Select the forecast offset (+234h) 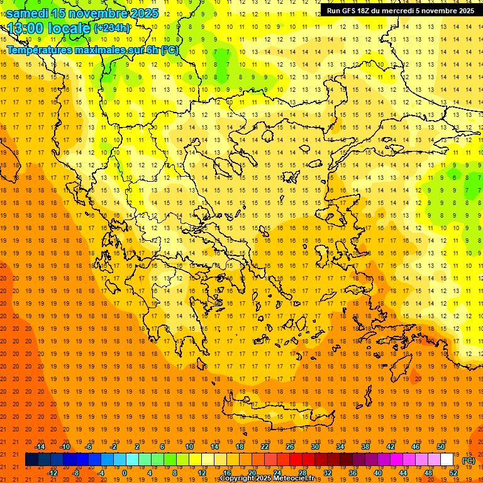[112, 28]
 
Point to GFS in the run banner [347, 10]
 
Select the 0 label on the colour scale [125, 473]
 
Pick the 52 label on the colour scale [453, 473]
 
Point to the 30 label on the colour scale [314, 447]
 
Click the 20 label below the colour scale [252, 473]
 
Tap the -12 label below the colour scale [52, 473]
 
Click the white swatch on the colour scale [447, 460]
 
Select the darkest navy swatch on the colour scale [32, 460]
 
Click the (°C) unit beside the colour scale [469, 460]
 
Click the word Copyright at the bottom [236, 479]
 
